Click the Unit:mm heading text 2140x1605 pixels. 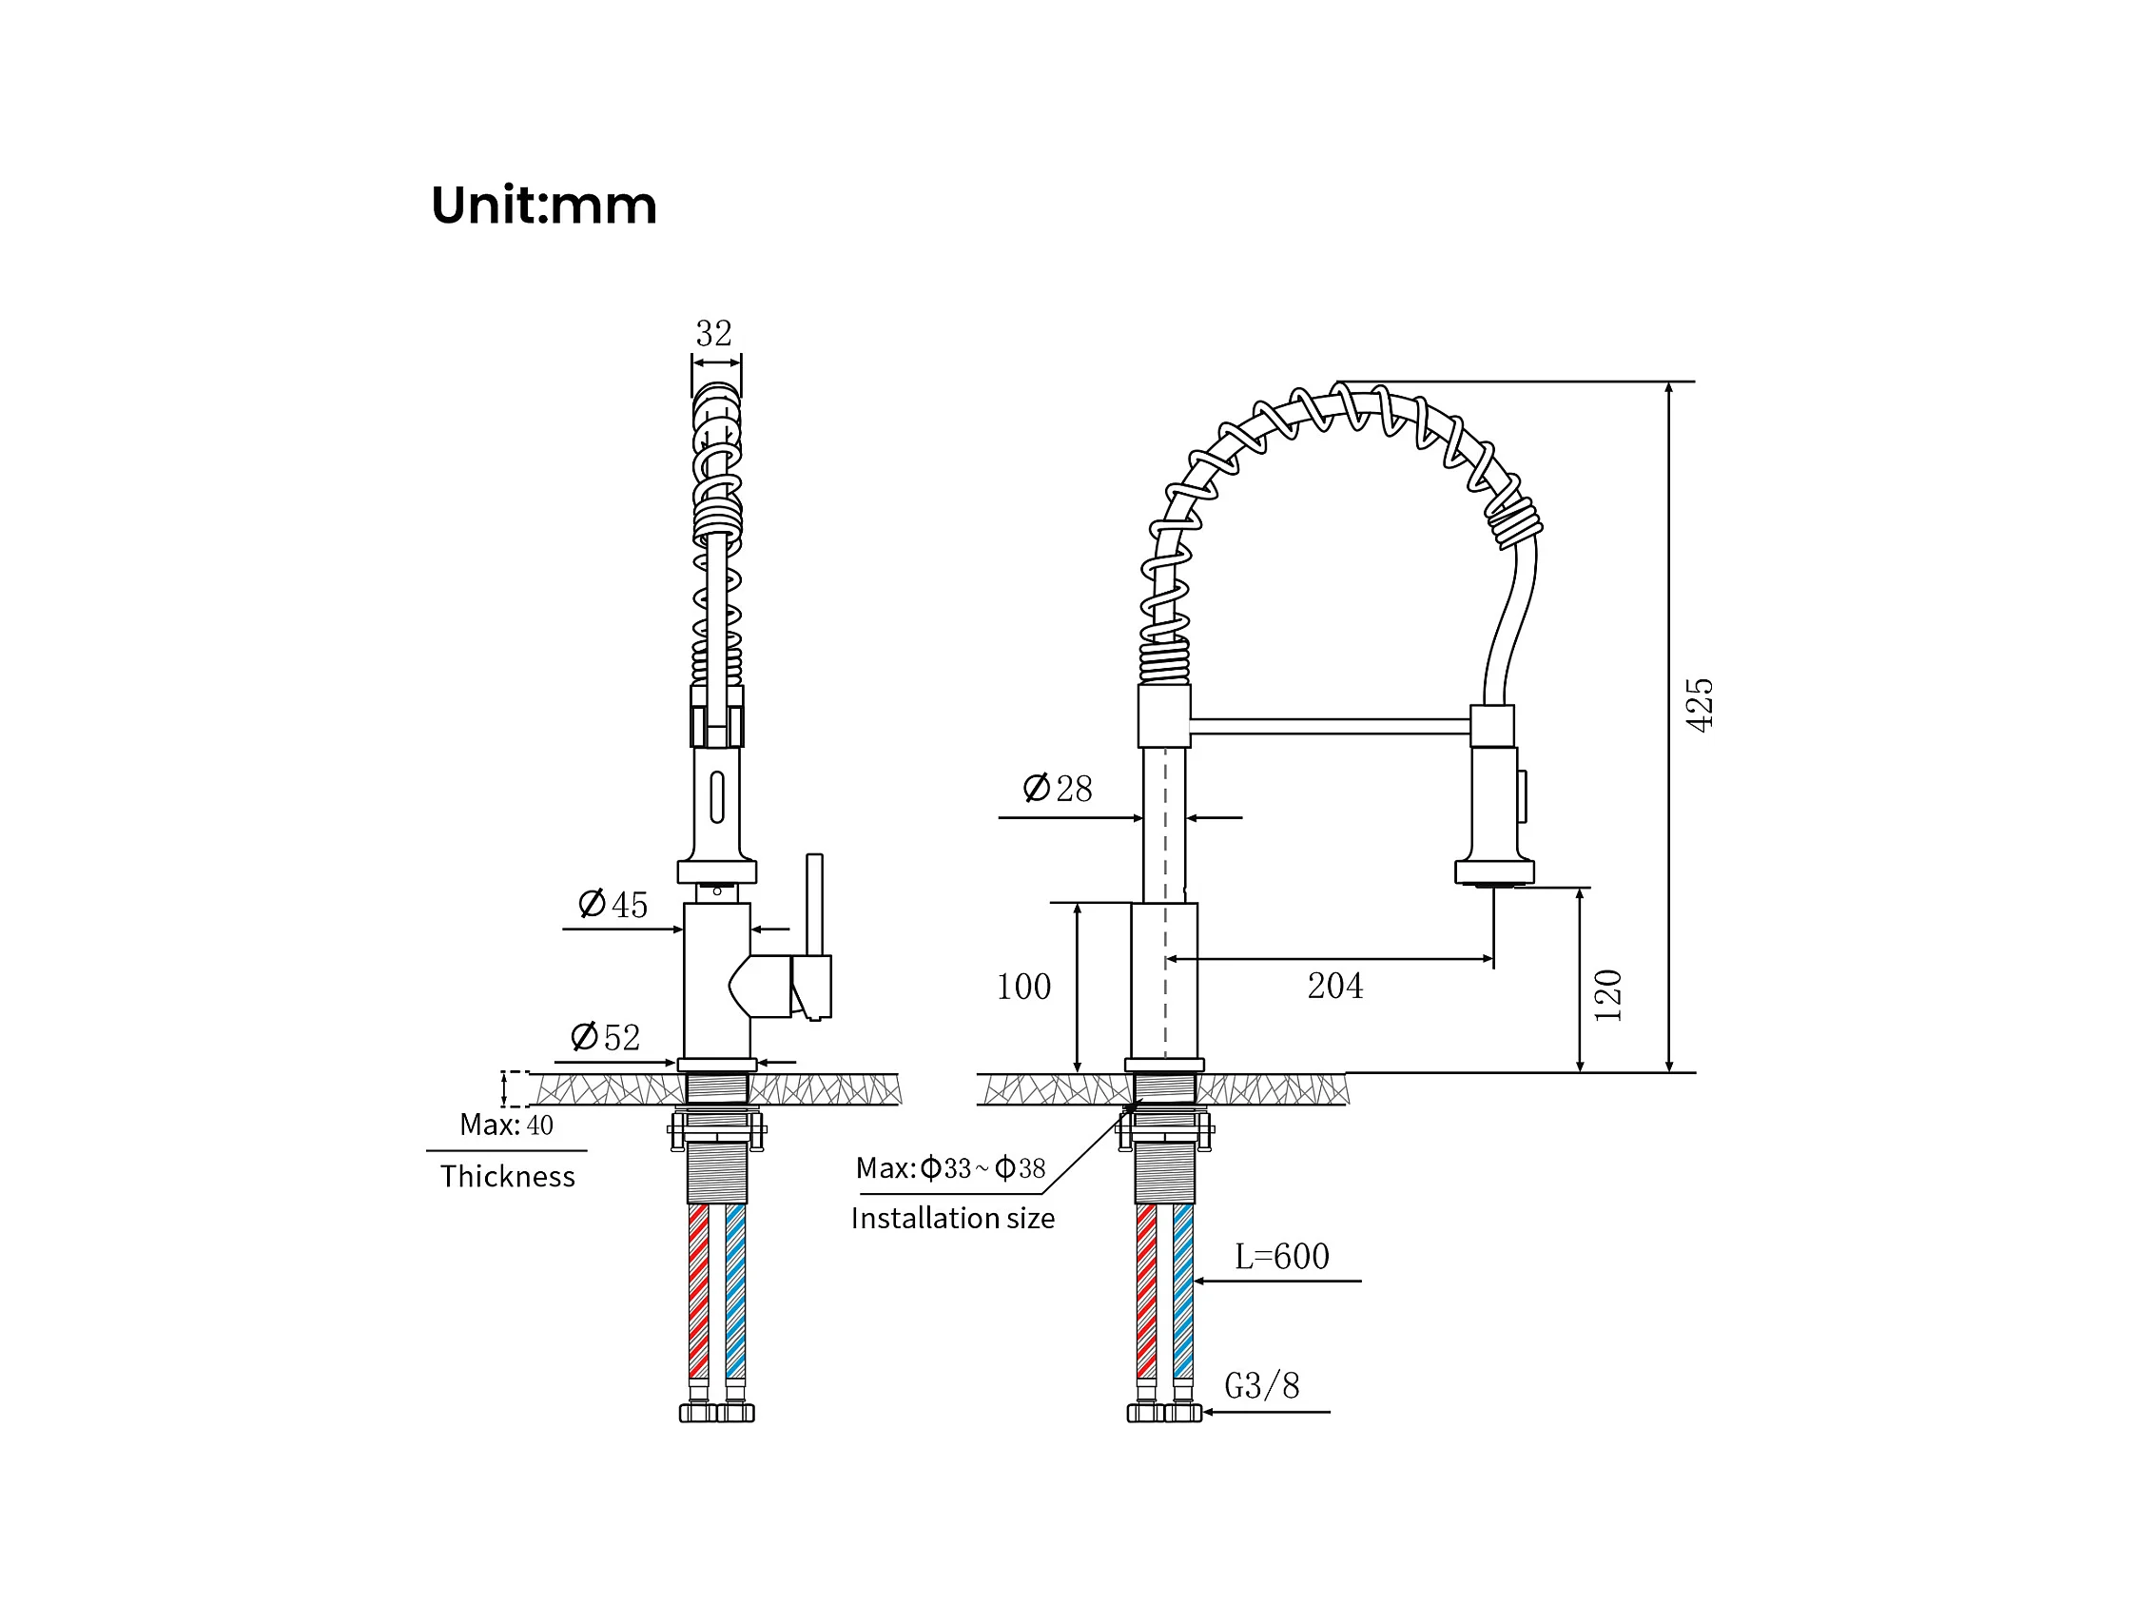[544, 206]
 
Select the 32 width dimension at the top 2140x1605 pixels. [714, 334]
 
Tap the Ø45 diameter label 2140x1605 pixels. [613, 905]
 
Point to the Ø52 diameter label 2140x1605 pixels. [606, 1037]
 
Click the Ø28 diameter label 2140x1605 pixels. [1058, 789]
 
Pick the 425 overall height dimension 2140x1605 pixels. [1700, 705]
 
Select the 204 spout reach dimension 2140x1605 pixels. [1335, 986]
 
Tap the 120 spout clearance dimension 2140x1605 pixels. [1608, 994]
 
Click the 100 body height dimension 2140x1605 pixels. [1023, 987]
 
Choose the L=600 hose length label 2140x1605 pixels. [1282, 1257]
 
